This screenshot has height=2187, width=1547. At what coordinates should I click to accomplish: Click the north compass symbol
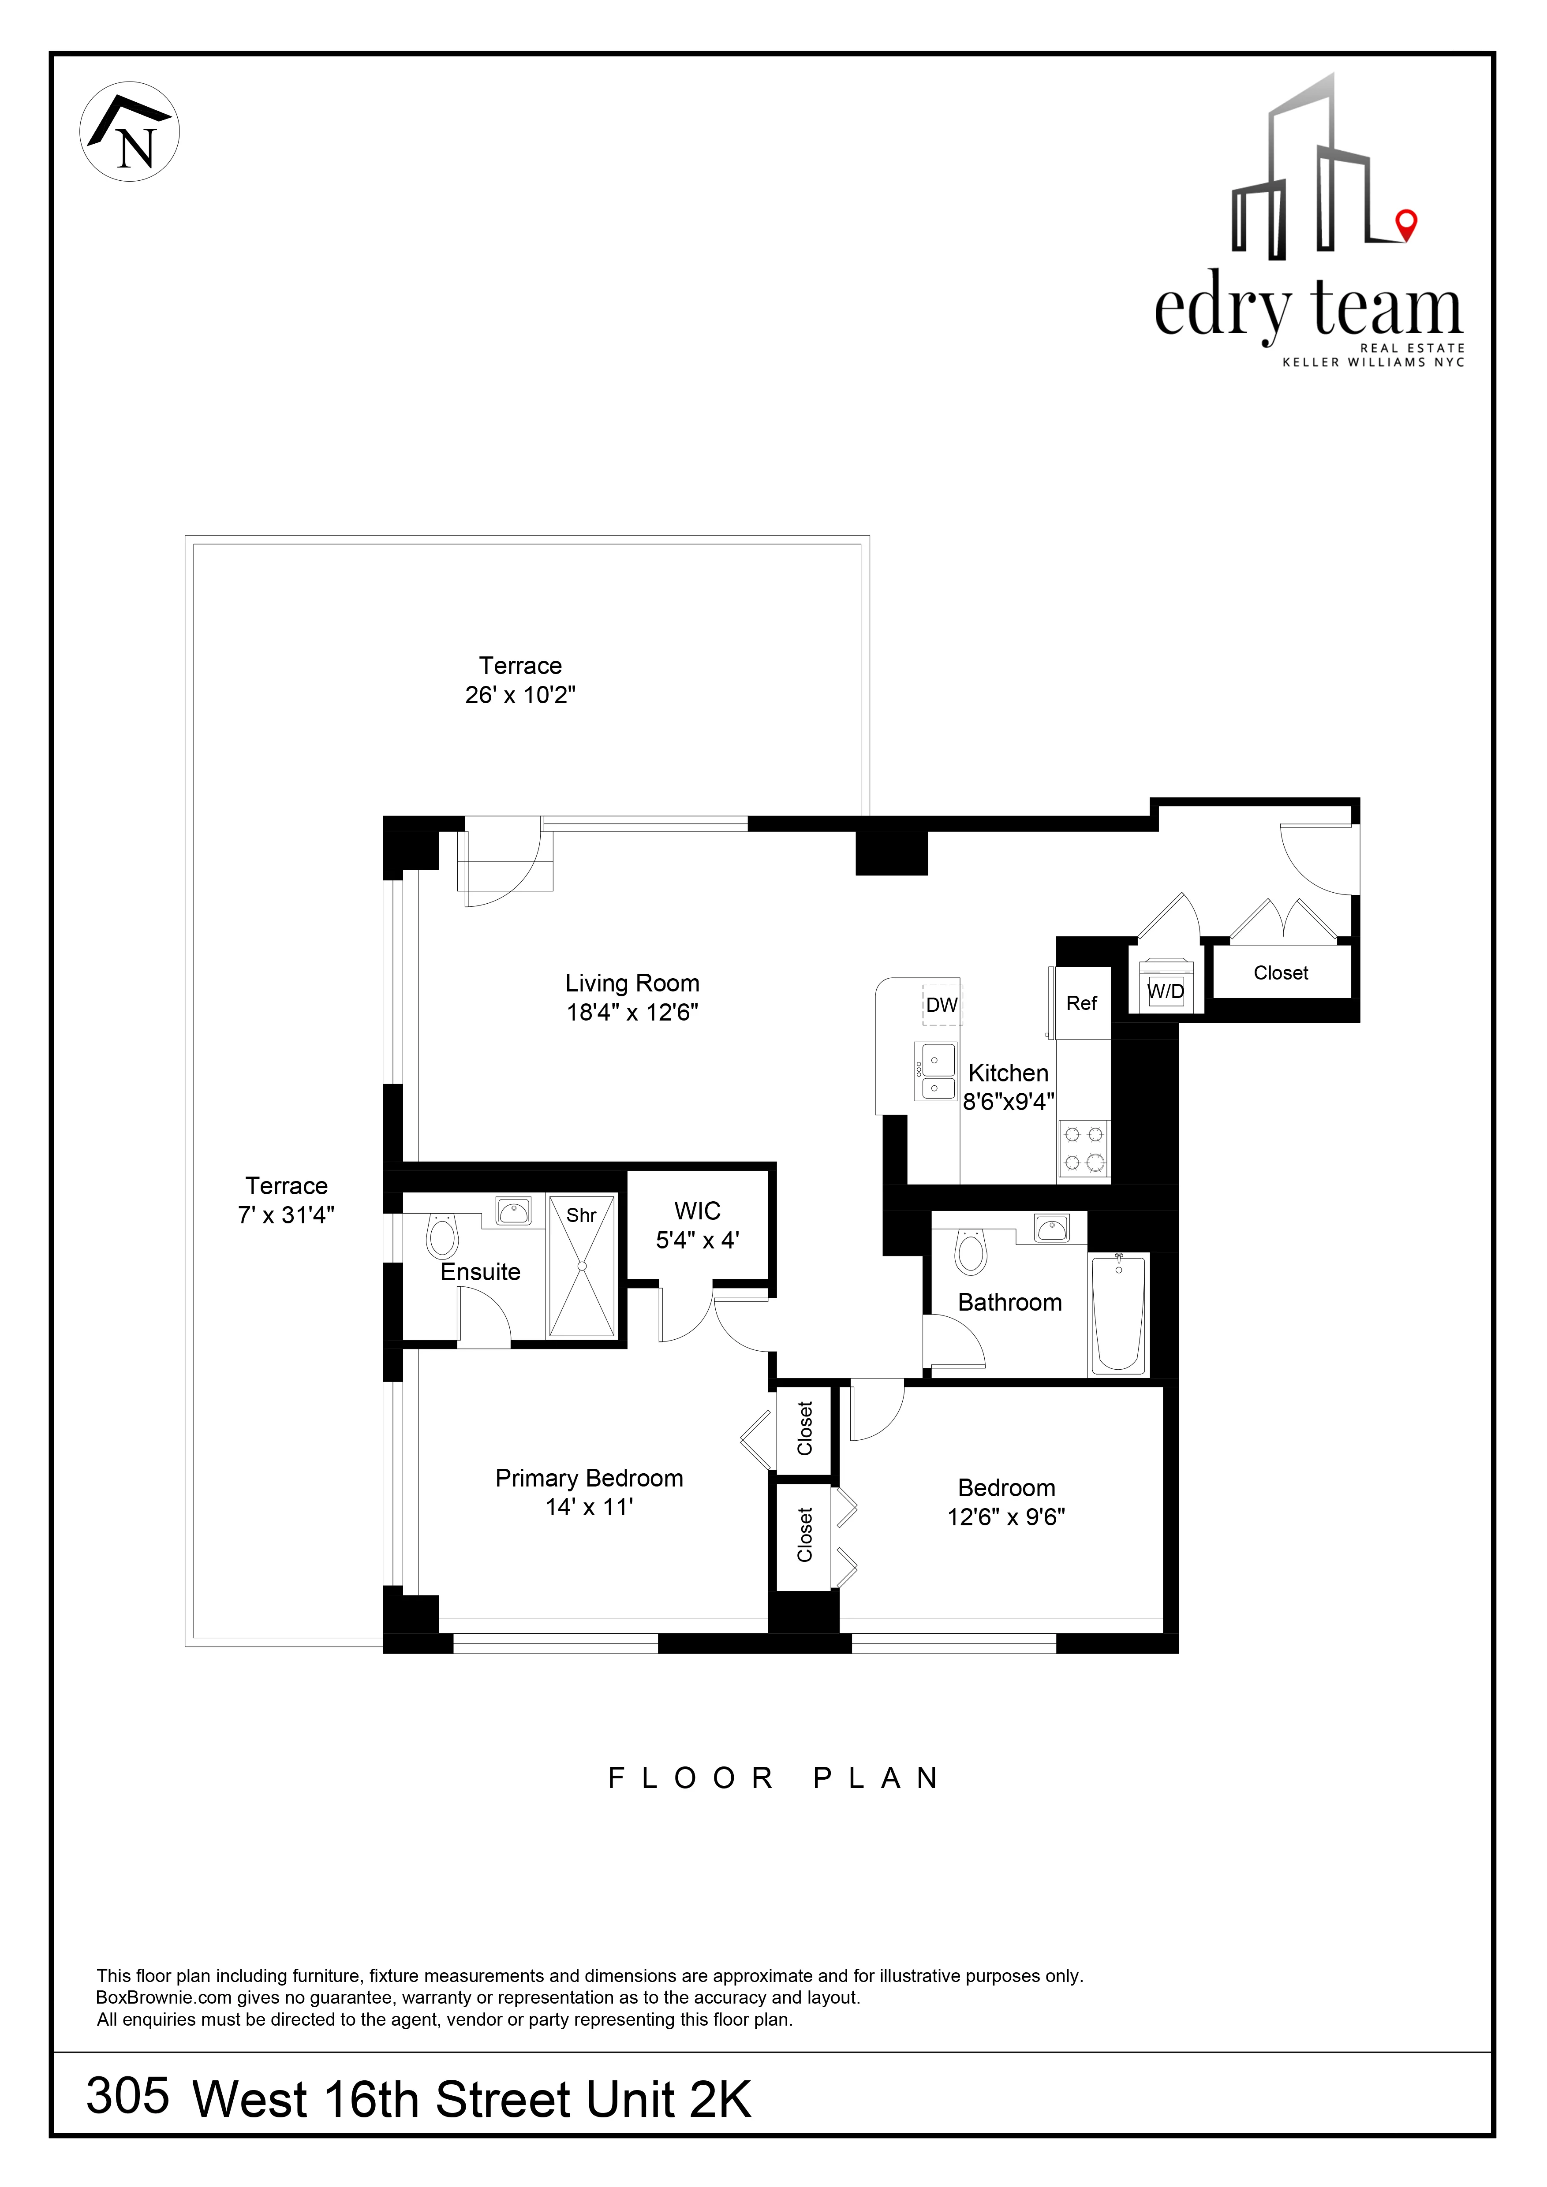click(x=130, y=131)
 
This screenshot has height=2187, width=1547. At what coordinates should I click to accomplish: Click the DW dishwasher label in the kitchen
click(x=941, y=1004)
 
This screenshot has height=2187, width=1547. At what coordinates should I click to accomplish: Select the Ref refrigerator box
click(x=1082, y=1003)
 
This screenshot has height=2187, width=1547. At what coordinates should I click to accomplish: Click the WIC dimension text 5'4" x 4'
click(x=697, y=1240)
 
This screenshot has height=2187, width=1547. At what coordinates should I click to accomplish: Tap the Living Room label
click(x=632, y=983)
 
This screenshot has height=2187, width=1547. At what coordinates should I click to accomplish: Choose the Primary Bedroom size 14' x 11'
click(x=589, y=1507)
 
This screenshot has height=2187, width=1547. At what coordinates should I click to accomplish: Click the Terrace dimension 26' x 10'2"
click(x=520, y=695)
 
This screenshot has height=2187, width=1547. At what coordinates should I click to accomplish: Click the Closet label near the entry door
click(x=1280, y=972)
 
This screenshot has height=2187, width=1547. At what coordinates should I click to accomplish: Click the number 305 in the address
click(x=127, y=2094)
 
